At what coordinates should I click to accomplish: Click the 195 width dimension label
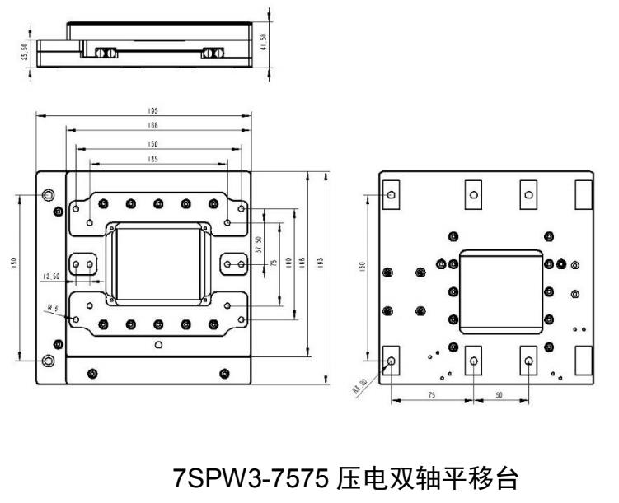tap(153, 110)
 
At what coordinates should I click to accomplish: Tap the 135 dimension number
tap(153, 159)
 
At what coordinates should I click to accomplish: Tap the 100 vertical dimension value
tap(288, 263)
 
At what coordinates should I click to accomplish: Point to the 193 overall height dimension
tap(319, 262)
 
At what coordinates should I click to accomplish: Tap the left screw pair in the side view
tap(105, 52)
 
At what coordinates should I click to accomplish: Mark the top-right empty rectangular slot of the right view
tap(582, 193)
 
